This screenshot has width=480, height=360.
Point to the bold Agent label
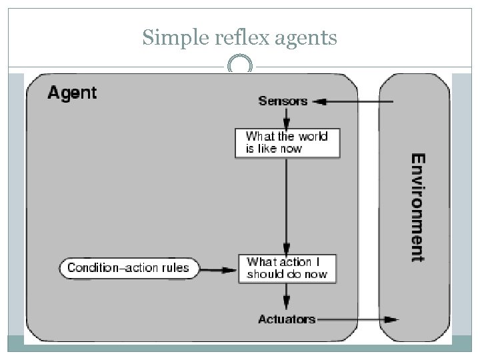pos(71,93)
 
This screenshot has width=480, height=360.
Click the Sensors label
pos(283,101)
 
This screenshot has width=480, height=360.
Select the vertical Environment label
pos(417,207)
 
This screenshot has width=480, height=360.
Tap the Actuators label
pos(287,319)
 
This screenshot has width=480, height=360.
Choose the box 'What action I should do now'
pos(287,268)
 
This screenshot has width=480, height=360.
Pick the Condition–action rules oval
pos(128,269)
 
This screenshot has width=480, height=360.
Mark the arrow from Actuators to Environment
pos(359,319)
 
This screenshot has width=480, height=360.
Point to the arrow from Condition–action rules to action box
pos(218,269)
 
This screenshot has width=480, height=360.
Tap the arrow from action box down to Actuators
pos(286,297)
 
